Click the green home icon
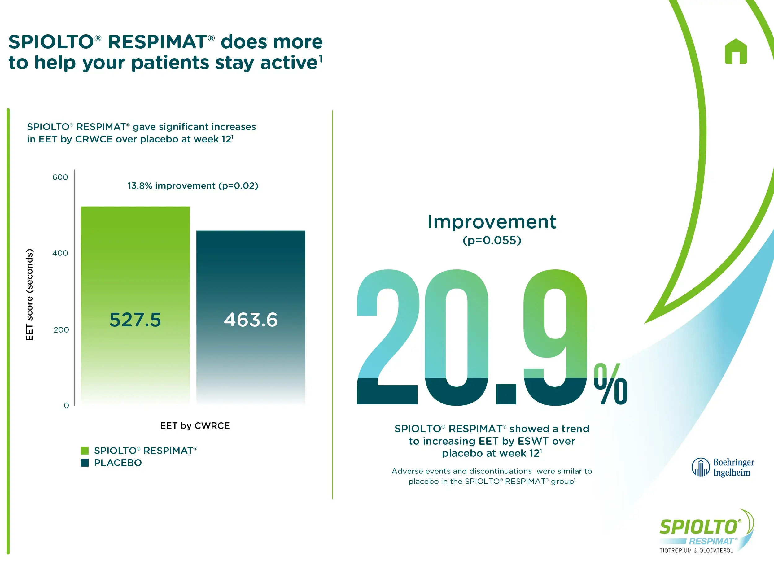[x=736, y=51]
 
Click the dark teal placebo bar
[x=251, y=317]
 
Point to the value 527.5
[x=135, y=320]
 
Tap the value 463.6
[x=251, y=320]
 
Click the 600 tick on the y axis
[x=60, y=177]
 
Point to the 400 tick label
[x=60, y=253]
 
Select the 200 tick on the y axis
[x=61, y=329]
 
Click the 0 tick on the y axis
[x=66, y=405]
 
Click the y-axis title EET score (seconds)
[x=29, y=294]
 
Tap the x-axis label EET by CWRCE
[x=195, y=426]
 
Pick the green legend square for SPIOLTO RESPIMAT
[x=85, y=450]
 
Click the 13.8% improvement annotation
[x=193, y=186]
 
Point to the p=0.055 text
[x=492, y=240]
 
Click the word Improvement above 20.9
[x=492, y=222]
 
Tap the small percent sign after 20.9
[x=610, y=383]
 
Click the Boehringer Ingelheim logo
[x=723, y=467]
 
